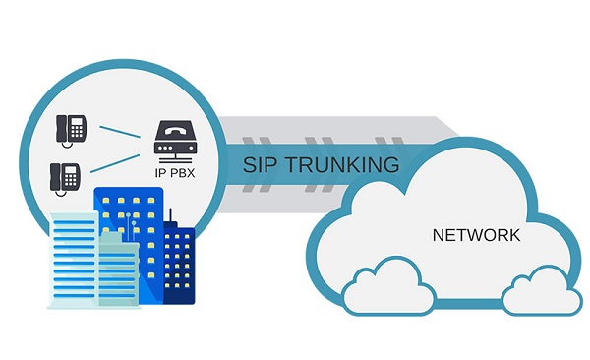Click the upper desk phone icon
click(71, 129)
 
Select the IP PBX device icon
click(176, 142)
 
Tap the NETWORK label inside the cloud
click(476, 236)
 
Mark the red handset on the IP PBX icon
click(176, 133)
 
